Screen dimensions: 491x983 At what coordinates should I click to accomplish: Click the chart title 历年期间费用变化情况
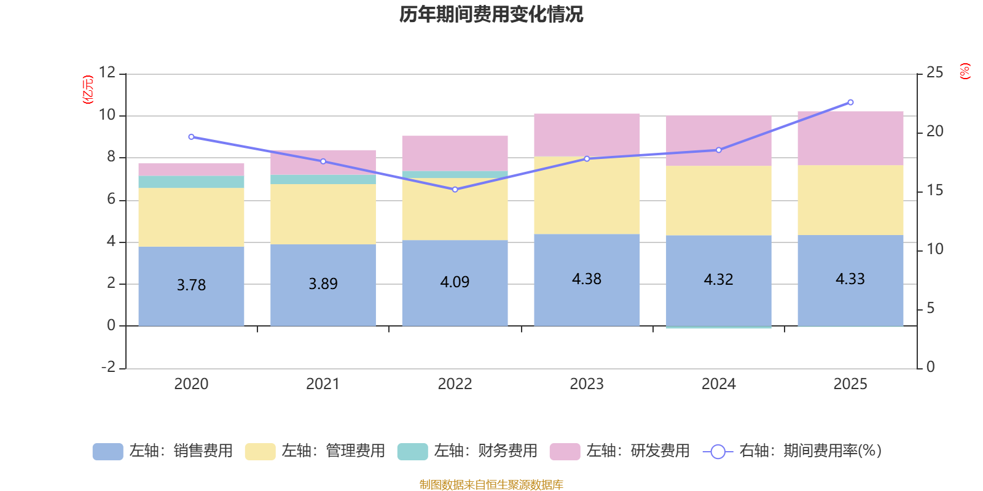click(491, 14)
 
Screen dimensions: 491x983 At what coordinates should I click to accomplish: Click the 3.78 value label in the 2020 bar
click(191, 285)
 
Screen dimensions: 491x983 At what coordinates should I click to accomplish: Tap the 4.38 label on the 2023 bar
click(587, 279)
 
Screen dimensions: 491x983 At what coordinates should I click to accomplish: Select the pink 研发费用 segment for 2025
click(850, 138)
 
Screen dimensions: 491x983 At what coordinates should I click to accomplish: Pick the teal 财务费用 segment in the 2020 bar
click(191, 182)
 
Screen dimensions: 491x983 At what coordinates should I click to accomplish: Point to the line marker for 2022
click(455, 190)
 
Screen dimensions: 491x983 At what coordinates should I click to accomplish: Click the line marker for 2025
click(850, 102)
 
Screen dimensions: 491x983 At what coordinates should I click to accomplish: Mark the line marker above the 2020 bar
click(191, 137)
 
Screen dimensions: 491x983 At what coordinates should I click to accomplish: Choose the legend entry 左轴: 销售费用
click(163, 451)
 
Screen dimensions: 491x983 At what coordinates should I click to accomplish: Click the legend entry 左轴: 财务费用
click(468, 451)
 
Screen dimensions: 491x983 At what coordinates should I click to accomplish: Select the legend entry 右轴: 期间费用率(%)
click(792, 451)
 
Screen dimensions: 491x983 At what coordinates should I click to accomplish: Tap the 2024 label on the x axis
click(718, 384)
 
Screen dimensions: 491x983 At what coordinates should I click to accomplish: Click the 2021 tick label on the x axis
click(323, 384)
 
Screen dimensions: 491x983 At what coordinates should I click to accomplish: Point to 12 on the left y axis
click(108, 72)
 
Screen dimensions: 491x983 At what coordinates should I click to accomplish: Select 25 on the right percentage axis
click(934, 72)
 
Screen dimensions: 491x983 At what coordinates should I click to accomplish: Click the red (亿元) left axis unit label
click(88, 90)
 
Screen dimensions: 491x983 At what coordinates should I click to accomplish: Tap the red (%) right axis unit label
click(965, 71)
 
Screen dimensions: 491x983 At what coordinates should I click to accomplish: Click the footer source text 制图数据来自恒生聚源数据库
click(491, 485)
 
